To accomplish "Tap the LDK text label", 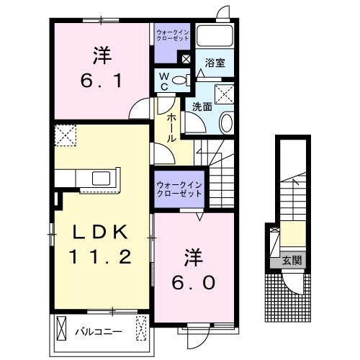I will click(x=100, y=233).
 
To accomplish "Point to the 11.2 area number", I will click(x=100, y=257).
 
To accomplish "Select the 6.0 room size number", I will click(x=192, y=282).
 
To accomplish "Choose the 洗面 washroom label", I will click(x=202, y=106).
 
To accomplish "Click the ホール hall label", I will click(x=172, y=127).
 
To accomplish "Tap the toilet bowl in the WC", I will click(x=181, y=79).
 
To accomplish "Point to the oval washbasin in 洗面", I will click(x=225, y=122).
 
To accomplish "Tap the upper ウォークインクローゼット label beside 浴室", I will click(x=172, y=34).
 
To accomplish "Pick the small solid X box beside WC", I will click(x=186, y=60).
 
